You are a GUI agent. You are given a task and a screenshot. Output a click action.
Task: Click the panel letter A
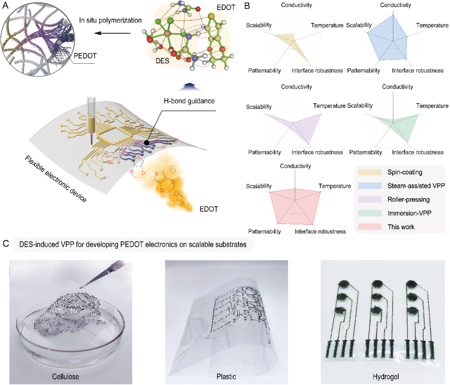coord(5,6)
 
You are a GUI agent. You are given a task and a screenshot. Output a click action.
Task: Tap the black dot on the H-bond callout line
coord(147,143)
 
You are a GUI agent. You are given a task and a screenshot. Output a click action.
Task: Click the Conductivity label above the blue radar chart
coord(396,5)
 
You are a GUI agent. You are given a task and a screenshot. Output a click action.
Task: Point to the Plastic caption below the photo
coord(227,377)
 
